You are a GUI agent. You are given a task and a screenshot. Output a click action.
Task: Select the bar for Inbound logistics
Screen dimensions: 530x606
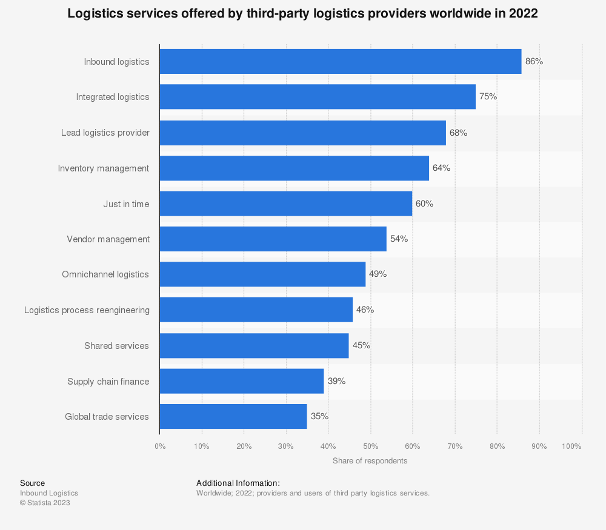click(x=340, y=61)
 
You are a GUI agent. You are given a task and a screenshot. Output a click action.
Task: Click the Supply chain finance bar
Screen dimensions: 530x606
click(x=242, y=381)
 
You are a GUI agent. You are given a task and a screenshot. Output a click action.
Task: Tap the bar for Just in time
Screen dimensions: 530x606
click(x=285, y=204)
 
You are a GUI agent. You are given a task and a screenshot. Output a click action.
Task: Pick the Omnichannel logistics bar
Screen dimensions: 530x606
click(x=262, y=274)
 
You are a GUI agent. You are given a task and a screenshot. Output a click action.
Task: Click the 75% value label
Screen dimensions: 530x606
click(x=488, y=96)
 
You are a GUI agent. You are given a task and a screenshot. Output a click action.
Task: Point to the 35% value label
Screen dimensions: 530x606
click(x=319, y=416)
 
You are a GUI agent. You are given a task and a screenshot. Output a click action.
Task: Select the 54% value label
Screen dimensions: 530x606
click(x=399, y=239)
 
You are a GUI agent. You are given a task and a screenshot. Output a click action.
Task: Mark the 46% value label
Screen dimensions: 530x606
click(x=365, y=310)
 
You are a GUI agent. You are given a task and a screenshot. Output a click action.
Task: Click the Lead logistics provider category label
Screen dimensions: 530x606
click(x=105, y=133)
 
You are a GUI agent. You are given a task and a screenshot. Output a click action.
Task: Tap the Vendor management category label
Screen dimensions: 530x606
click(x=108, y=239)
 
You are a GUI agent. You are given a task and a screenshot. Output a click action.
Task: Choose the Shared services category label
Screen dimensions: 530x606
click(x=116, y=346)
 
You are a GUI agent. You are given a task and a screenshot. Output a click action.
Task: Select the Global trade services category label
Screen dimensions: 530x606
click(x=107, y=417)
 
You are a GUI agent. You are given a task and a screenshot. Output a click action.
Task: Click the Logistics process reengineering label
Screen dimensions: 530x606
click(x=87, y=310)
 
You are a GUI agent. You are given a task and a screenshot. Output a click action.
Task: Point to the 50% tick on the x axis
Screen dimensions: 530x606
click(x=370, y=446)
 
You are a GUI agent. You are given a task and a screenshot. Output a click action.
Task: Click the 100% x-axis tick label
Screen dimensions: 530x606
click(x=571, y=446)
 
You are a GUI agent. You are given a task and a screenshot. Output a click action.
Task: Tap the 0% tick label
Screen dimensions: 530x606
click(x=160, y=446)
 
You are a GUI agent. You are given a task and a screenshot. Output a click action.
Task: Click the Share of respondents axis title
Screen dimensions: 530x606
click(x=370, y=461)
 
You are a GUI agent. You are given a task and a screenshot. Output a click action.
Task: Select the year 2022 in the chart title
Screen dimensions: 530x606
click(x=525, y=13)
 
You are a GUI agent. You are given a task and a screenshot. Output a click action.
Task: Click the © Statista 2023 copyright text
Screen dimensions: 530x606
click(x=45, y=503)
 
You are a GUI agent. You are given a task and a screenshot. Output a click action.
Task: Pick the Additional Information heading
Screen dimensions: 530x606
click(x=238, y=483)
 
